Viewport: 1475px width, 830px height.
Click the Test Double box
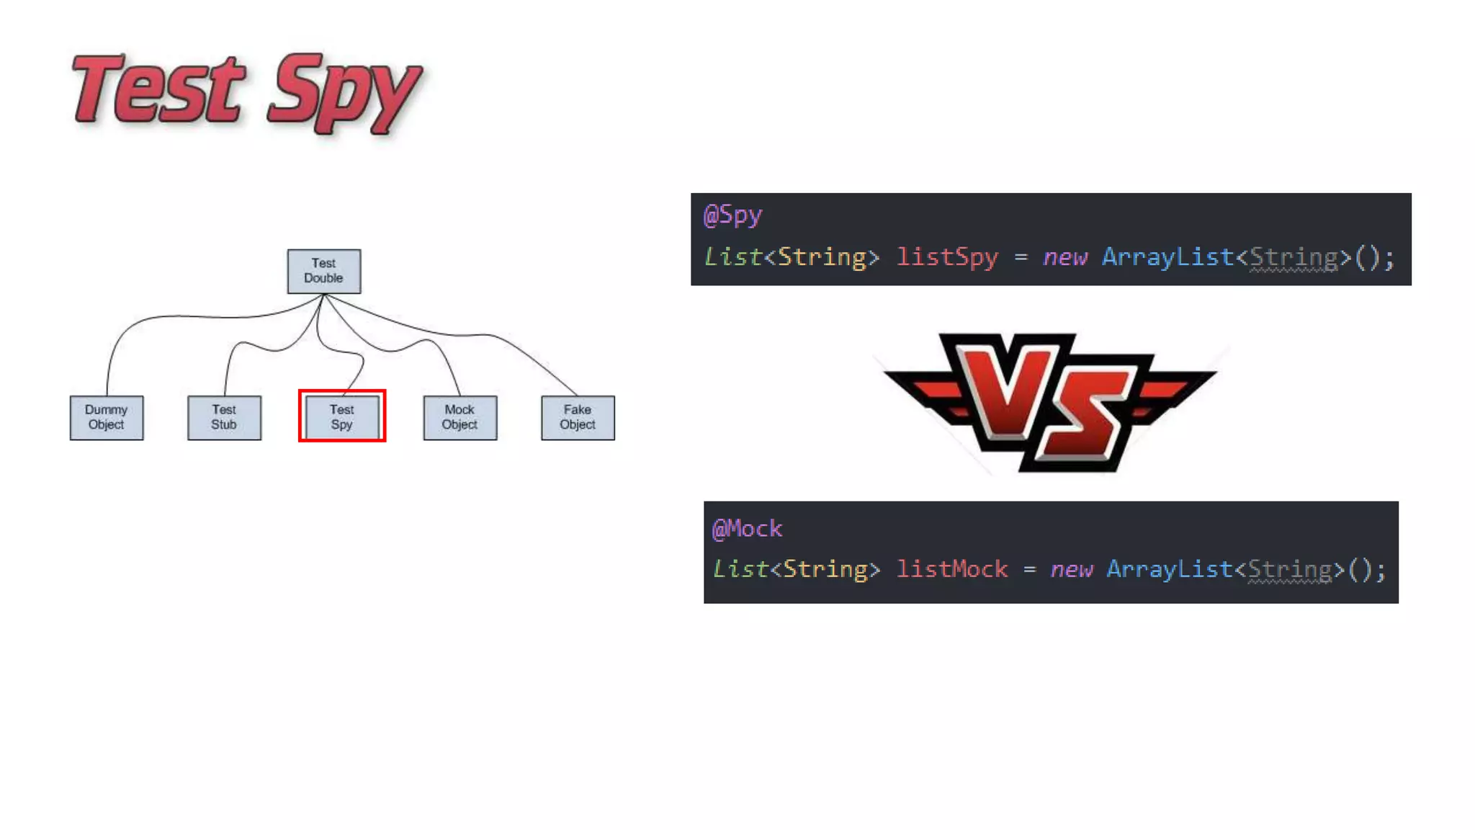tap(323, 271)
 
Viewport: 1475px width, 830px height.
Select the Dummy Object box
tap(107, 417)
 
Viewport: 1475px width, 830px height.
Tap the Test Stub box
tap(224, 417)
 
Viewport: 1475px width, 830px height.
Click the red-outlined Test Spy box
tap(342, 416)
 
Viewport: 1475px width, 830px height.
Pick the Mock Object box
tap(459, 417)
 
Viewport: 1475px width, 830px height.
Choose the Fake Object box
tap(578, 417)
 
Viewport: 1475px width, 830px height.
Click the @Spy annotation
tap(732, 215)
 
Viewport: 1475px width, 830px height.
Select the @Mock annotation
tap(747, 529)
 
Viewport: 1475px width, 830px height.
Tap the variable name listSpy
tap(947, 257)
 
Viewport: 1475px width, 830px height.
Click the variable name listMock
tap(951, 569)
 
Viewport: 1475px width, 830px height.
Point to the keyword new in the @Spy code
tap(1064, 257)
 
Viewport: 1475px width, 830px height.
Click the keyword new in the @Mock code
tap(1071, 569)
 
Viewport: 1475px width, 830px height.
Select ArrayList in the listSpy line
tap(1167, 257)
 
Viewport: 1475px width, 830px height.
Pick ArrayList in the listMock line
tap(1170, 569)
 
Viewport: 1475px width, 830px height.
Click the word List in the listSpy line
tap(732, 257)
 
